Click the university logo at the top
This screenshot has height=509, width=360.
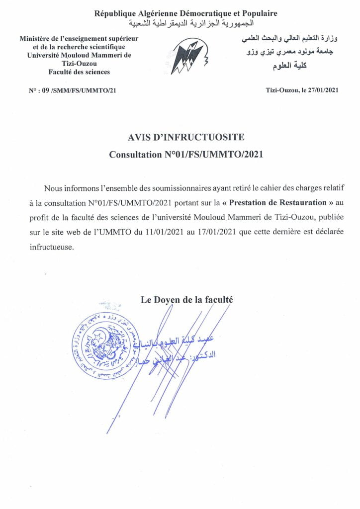pyautogui.click(x=189, y=56)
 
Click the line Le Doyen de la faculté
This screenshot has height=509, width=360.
pyautogui.click(x=186, y=300)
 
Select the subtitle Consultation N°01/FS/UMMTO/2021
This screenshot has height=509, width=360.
pyautogui.click(x=186, y=155)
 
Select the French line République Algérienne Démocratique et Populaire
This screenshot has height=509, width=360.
pyautogui.click(x=186, y=13)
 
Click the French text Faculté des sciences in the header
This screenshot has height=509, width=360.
pyautogui.click(x=79, y=72)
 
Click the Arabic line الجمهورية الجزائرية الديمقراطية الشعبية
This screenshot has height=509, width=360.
pyautogui.click(x=191, y=23)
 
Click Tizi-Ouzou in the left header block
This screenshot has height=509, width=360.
pyautogui.click(x=79, y=64)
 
